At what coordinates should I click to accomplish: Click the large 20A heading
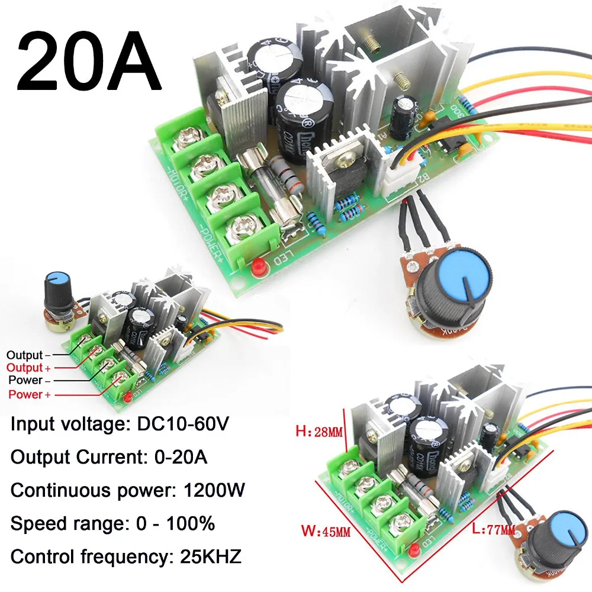pos(89,62)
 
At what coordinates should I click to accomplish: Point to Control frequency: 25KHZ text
pos(127,557)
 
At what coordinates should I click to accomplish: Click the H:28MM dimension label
pos(318,433)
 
